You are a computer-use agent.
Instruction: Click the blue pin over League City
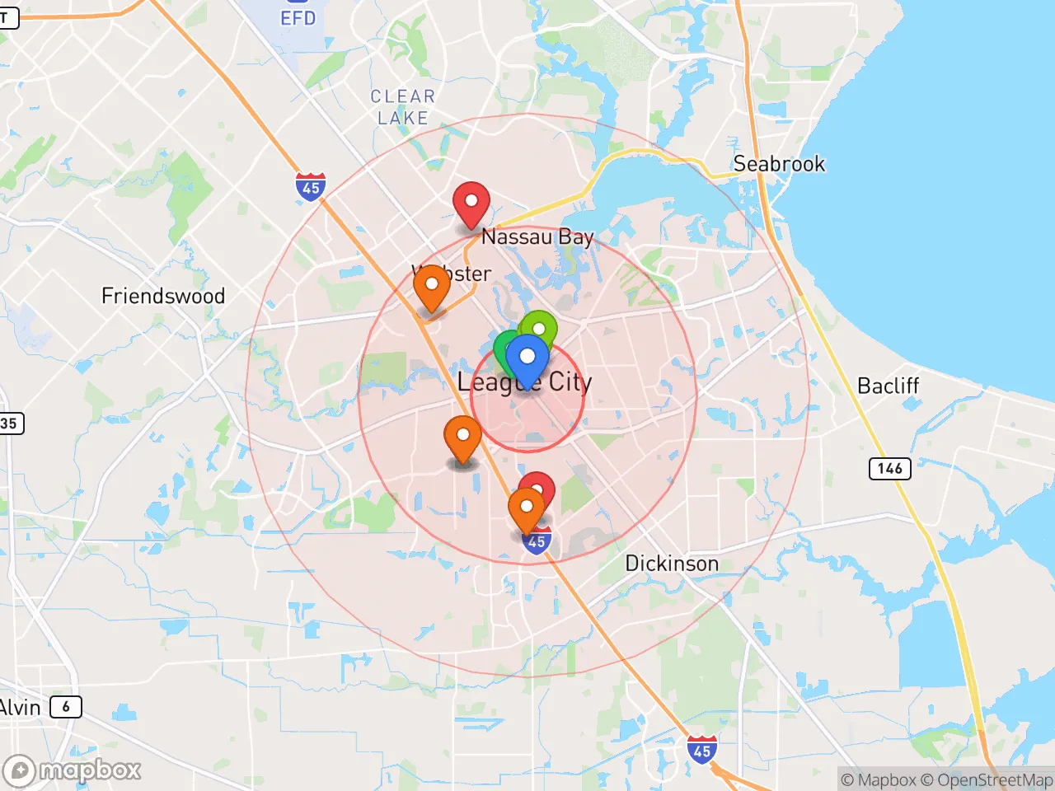[527, 359]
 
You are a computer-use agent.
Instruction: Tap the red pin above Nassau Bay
[471, 203]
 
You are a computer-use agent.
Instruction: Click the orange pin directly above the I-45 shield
[526, 508]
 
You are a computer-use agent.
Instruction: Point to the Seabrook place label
[779, 164]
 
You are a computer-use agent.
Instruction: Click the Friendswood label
[163, 296]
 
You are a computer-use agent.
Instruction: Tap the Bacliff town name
[888, 386]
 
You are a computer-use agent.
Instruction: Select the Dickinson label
[672, 564]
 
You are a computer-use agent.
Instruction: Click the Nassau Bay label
[537, 237]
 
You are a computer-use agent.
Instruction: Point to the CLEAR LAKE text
[402, 107]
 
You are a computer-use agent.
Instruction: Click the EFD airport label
[298, 17]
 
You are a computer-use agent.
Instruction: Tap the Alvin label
[20, 707]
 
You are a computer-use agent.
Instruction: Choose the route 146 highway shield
[890, 468]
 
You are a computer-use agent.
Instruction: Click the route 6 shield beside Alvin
[66, 706]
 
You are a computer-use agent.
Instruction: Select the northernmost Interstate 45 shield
[311, 187]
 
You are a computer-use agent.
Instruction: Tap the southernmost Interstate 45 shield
[701, 750]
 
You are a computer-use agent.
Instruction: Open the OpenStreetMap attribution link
[986, 779]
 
